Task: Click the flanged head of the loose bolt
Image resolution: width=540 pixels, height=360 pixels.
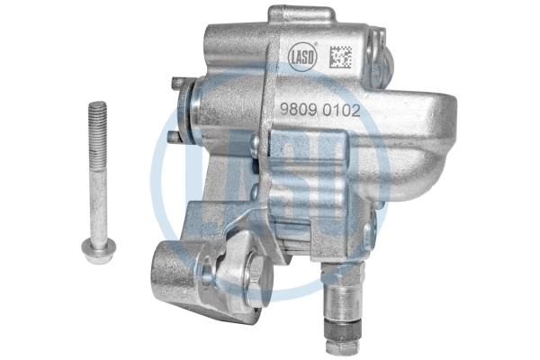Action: tap(99, 249)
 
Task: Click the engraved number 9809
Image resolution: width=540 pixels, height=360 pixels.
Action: tap(298, 110)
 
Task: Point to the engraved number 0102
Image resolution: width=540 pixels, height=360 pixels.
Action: tap(342, 111)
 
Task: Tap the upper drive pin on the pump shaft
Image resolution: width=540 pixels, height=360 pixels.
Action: tap(179, 82)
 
